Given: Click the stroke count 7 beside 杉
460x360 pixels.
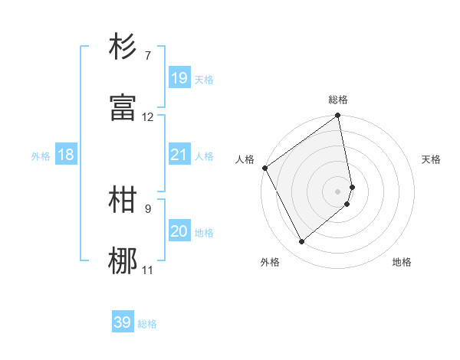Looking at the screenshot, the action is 148,56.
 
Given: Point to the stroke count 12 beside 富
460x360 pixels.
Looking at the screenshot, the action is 148,117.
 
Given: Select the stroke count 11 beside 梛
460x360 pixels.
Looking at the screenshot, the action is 148,270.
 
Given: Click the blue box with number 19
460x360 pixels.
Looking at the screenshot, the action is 179,78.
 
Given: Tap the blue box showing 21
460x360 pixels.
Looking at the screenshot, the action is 179,155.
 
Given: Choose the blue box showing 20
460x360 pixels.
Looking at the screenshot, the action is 179,231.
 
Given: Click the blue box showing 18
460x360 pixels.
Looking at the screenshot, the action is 66,155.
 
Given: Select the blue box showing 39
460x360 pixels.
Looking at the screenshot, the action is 123,322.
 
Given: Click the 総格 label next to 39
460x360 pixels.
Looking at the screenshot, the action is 147,324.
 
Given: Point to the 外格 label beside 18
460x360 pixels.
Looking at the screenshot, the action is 41,156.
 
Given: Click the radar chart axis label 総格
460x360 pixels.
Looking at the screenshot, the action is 338,100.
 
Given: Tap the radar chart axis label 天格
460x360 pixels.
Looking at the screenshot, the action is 431,159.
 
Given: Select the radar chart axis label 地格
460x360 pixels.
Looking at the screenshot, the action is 402,262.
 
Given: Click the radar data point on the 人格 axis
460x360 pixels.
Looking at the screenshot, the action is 264,168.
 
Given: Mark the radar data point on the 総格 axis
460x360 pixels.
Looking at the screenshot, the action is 338,116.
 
